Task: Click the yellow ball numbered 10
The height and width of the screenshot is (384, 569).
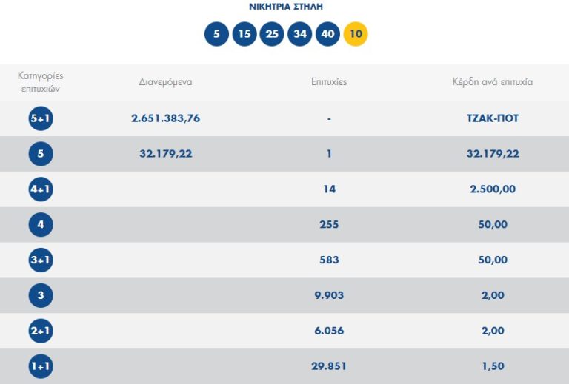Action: pyautogui.click(x=356, y=34)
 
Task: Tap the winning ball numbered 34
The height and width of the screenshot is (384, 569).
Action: pyautogui.click(x=300, y=34)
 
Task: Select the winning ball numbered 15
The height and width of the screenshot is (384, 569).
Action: pyautogui.click(x=244, y=34)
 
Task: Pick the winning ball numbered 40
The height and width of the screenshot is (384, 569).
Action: pyautogui.click(x=327, y=34)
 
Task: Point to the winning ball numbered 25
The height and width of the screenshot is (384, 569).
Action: pyautogui.click(x=272, y=34)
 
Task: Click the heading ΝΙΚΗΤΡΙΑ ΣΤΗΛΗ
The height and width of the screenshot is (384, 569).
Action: pyautogui.click(x=286, y=7)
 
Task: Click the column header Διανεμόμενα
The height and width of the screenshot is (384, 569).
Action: pyautogui.click(x=165, y=82)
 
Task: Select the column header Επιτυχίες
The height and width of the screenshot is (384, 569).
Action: pyautogui.click(x=329, y=82)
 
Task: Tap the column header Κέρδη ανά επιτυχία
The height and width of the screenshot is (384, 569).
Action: pyautogui.click(x=492, y=82)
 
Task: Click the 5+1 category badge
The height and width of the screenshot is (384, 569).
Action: pyautogui.click(x=41, y=118)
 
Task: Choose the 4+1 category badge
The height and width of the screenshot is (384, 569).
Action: pyautogui.click(x=41, y=189)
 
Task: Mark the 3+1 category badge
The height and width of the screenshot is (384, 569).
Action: pyautogui.click(x=41, y=260)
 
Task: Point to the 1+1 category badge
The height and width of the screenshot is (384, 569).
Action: pyautogui.click(x=41, y=366)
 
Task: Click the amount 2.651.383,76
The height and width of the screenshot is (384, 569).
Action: pyautogui.click(x=165, y=118)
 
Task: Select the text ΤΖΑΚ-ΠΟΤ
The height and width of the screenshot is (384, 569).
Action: pyautogui.click(x=492, y=118)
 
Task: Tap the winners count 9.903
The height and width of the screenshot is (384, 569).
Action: pyautogui.click(x=329, y=295)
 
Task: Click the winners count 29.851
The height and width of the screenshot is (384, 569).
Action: pyautogui.click(x=329, y=366)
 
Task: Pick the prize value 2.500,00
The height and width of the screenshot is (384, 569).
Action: pyautogui.click(x=492, y=189)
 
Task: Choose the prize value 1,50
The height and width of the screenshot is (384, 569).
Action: pyautogui.click(x=492, y=366)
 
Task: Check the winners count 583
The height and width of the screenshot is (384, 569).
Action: pyautogui.click(x=329, y=260)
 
